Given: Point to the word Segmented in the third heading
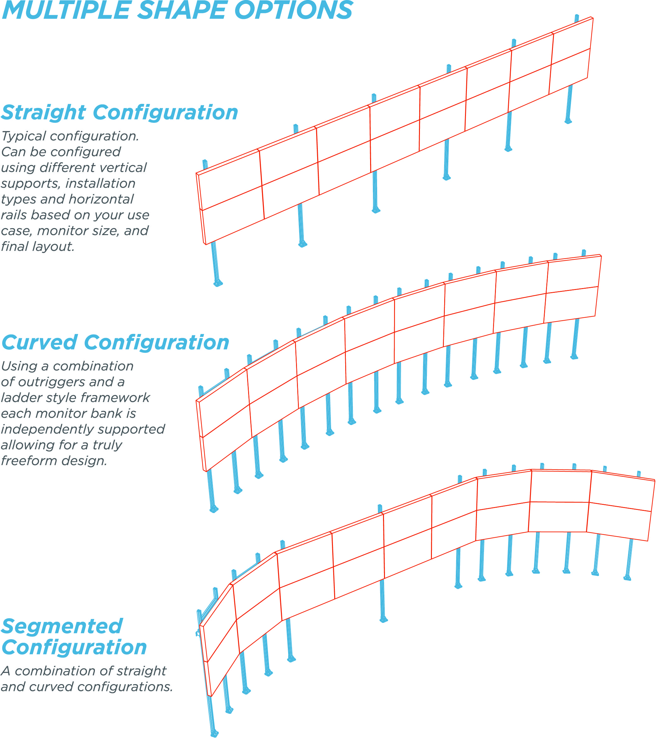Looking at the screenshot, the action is tap(62, 627).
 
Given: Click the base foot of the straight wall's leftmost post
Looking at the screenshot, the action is tap(218, 284).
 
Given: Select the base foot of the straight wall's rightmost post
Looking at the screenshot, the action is tap(568, 121).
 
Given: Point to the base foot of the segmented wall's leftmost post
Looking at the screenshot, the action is tap(214, 734).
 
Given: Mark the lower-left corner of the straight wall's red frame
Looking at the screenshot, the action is tap(206, 245).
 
